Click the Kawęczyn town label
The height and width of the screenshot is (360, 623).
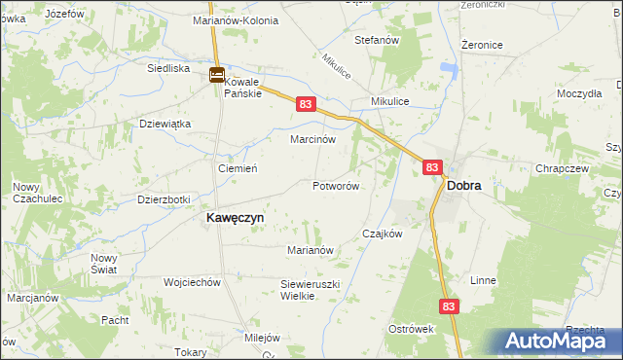coord(234,219)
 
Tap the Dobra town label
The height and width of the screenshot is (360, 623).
coord(463,185)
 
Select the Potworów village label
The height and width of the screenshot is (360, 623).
coord(337,186)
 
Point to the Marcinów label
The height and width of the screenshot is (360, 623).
coord(313,139)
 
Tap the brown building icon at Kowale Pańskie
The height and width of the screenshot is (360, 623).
coord(217,74)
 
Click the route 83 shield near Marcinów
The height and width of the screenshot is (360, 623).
coord(305,104)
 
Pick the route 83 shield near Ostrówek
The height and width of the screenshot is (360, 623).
coord(448,306)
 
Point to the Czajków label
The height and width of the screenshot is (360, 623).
coord(382,234)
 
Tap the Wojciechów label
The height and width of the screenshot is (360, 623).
coord(193,282)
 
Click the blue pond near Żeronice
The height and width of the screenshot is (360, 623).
coord(450,69)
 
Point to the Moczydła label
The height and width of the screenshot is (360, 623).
coord(580,94)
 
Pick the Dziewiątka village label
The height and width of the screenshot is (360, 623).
coord(165,125)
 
